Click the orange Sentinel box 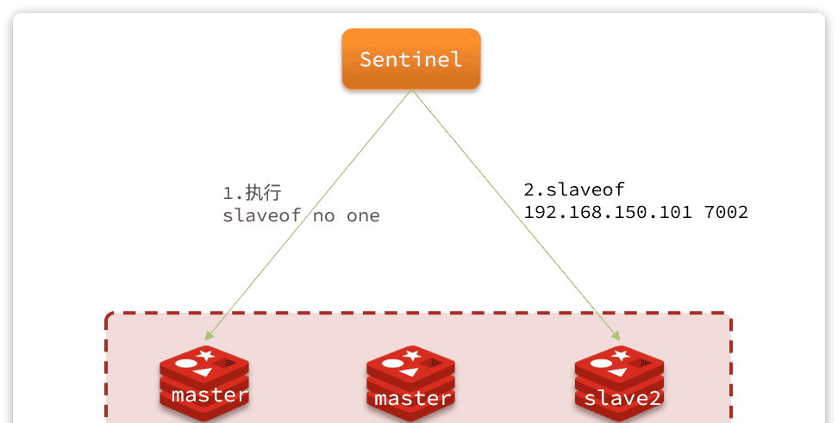[410, 59]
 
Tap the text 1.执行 [252, 193]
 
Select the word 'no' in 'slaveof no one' [324, 215]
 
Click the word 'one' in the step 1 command [363, 215]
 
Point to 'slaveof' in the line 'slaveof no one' [262, 215]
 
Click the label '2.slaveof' [573, 190]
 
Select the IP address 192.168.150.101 [607, 212]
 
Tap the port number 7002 [726, 212]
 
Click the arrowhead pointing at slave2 [616, 335]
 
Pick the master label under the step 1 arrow [209, 395]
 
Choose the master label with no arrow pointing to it [412, 398]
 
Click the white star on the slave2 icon [621, 353]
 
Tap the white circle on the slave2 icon [599, 363]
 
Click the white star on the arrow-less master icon [412, 354]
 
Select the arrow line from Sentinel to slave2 [517, 215]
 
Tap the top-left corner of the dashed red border [108, 315]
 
